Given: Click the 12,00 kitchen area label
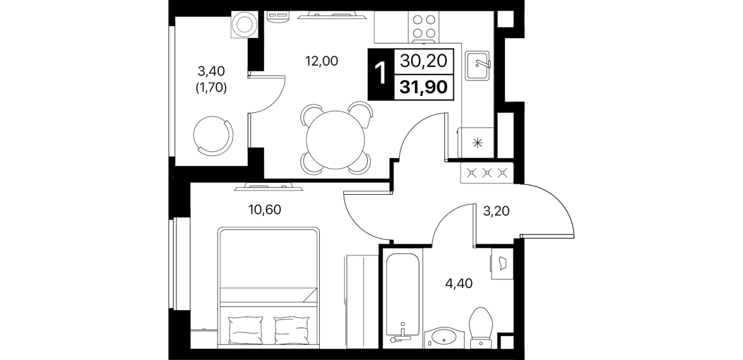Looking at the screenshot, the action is pos(322,61).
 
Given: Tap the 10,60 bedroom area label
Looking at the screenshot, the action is pos(264,210).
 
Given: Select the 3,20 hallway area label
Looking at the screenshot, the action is pos(496,211).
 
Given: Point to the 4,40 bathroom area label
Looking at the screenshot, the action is pos(459,283).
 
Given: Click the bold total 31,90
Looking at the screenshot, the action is pos(424,87).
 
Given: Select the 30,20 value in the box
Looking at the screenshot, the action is pos(424,61).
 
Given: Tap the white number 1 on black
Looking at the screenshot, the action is pos(380,74).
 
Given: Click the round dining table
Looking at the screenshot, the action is pos(335,140).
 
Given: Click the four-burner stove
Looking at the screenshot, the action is pos(424,26).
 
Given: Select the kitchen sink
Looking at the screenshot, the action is pos(477,66).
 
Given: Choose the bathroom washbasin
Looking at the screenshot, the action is pos(441,338).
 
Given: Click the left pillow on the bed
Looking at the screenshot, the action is pos(246,330).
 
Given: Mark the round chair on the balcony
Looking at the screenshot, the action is pos(213,135).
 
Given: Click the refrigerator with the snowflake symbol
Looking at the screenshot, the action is pos(476,143).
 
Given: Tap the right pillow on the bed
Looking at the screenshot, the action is pos(292,330).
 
